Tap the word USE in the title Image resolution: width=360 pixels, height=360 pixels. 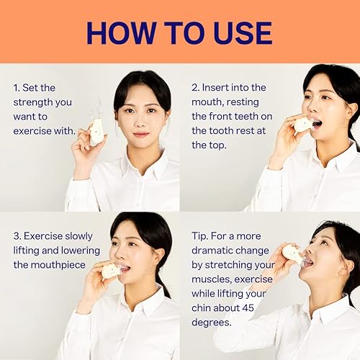(x=240, y=32)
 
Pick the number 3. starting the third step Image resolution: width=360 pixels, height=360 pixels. (x=18, y=235)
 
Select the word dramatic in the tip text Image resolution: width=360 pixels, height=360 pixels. (x=215, y=250)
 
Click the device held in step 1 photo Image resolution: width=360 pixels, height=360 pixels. (x=96, y=132)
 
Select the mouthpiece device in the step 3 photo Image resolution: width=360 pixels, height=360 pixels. (x=112, y=271)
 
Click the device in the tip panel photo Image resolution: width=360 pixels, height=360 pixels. (x=293, y=253)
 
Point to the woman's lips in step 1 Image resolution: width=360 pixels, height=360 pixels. (x=141, y=134)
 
